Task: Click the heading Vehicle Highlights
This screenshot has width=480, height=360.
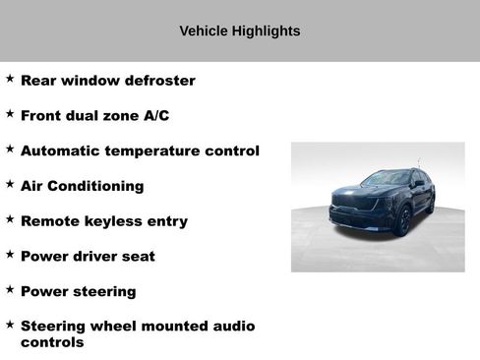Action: click(x=240, y=30)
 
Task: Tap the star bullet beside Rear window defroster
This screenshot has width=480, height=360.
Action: click(x=10, y=78)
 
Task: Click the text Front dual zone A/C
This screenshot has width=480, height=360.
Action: click(x=94, y=116)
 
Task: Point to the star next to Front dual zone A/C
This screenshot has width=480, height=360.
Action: click(x=10, y=113)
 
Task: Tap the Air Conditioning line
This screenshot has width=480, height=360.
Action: click(x=82, y=186)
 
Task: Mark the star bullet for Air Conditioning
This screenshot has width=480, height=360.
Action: click(x=10, y=183)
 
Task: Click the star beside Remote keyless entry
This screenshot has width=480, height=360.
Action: click(x=10, y=218)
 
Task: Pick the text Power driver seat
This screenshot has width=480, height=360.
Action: click(x=88, y=257)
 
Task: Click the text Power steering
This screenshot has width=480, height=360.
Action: click(x=78, y=292)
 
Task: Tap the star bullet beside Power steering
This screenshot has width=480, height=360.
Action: click(x=10, y=289)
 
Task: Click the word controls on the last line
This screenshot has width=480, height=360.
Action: click(x=52, y=343)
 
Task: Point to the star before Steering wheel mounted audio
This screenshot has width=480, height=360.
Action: click(x=10, y=323)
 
